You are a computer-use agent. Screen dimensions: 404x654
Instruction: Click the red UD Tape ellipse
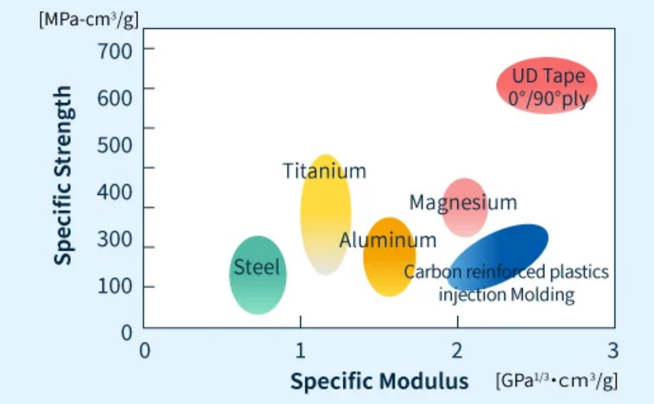point(547,85)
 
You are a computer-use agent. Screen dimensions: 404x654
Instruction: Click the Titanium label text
point(324,171)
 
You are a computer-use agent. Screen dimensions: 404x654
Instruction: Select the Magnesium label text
point(462,203)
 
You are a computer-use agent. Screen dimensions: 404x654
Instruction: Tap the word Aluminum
point(388,240)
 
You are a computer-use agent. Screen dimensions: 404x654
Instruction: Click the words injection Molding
point(506,295)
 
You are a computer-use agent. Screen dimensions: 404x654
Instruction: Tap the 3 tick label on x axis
point(613,350)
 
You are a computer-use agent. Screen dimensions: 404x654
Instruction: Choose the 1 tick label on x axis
point(300,350)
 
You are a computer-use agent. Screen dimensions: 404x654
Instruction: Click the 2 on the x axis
point(456,350)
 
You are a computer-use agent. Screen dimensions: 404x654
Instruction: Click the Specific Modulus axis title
point(379,381)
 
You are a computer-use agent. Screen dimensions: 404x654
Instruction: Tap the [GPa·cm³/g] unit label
point(556,381)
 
